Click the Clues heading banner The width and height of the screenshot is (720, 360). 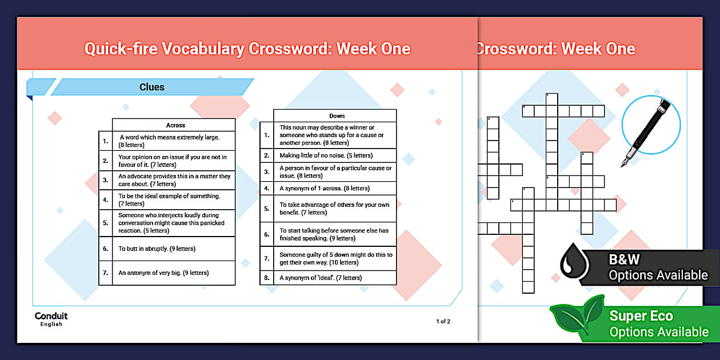[152, 87]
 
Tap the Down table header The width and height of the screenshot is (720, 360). [337, 116]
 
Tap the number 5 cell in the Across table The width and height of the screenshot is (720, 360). [105, 223]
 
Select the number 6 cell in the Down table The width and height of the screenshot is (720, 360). [266, 234]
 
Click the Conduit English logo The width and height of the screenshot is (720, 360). [51, 319]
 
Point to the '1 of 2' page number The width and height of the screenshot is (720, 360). [443, 321]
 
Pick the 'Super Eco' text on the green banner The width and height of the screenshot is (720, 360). [641, 316]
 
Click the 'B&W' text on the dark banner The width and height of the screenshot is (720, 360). [624, 259]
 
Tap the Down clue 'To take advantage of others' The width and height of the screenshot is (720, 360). [334, 209]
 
